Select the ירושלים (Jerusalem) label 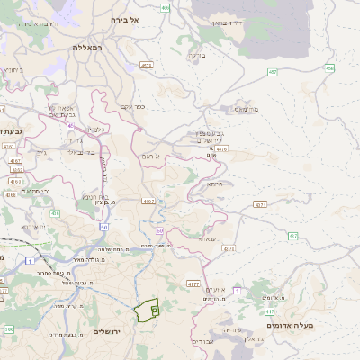113,331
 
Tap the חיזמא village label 214,183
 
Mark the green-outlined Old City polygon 146,310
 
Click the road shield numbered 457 271,71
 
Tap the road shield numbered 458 330,67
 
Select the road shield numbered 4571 260,204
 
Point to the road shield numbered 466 165,7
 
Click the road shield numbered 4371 147,65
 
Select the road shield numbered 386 10,330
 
